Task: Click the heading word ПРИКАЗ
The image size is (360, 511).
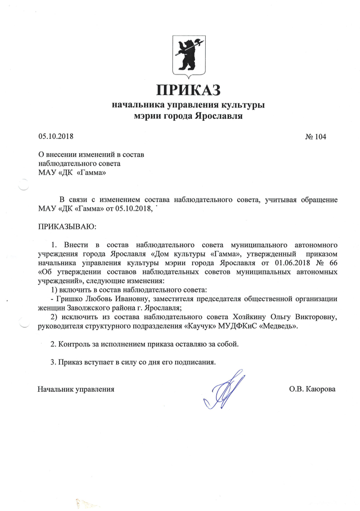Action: tap(188, 89)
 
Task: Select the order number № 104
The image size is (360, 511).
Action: tap(316, 137)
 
